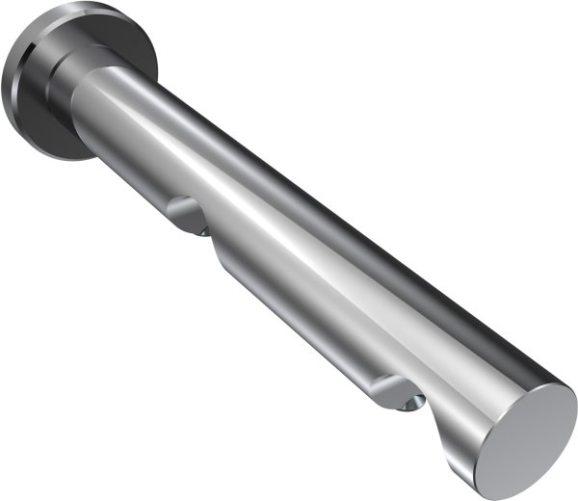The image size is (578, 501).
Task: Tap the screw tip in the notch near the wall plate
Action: point(204,228)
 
